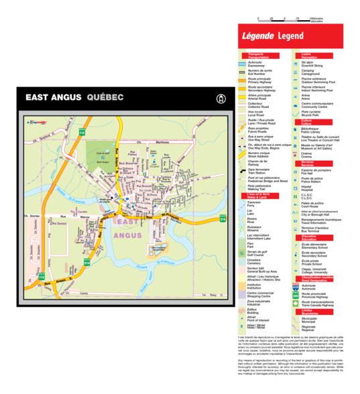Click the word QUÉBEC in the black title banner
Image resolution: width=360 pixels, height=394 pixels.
[105, 98]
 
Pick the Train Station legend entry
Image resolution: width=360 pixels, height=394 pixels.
[258, 172]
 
